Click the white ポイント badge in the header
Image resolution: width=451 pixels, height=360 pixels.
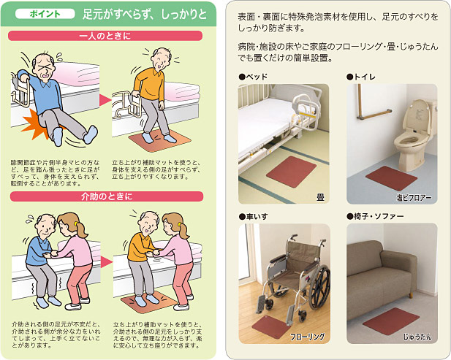coord(45,14)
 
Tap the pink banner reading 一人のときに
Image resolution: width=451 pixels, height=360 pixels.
coord(105,36)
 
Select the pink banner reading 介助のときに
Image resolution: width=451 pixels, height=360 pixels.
coord(107,196)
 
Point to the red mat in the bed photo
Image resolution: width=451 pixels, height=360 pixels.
coord(291,172)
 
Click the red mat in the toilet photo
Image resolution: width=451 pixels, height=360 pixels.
coord(391,178)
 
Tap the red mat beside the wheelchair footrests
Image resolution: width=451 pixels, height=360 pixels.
coord(270,327)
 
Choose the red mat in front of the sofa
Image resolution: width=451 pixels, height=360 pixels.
coord(391,321)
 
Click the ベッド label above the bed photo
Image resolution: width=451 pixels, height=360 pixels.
coord(253,77)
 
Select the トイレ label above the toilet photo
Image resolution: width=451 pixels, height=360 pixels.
coord(361,77)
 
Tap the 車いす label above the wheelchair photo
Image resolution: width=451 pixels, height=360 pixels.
coord(253,216)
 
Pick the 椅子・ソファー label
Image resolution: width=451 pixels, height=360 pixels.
coord(376,216)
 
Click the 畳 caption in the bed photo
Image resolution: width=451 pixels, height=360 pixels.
coord(320,197)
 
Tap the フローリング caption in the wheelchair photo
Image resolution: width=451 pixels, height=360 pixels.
coord(307,337)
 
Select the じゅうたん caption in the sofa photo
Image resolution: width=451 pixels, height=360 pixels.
coord(417,337)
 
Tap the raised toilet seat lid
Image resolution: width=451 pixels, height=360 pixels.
coord(420,118)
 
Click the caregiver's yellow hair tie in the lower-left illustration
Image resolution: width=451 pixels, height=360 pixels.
coord(75,223)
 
